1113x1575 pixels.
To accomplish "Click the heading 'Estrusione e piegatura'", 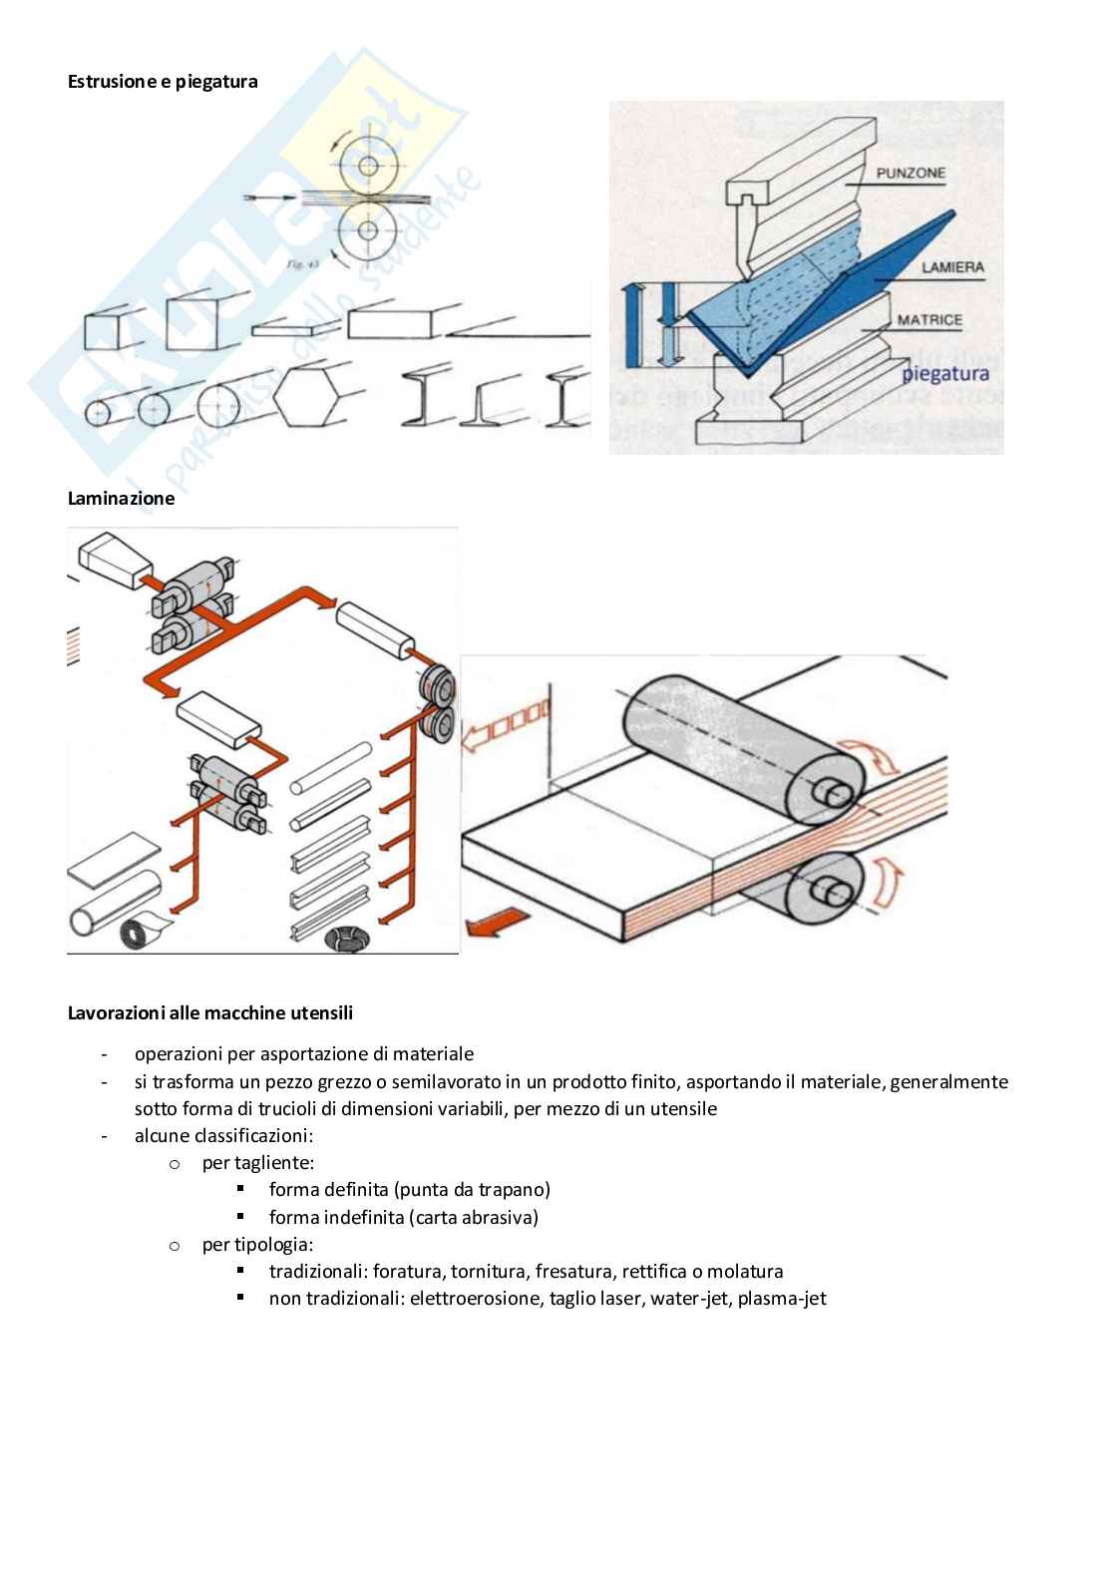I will [x=163, y=82].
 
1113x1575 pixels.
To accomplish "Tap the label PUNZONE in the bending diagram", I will [x=911, y=174].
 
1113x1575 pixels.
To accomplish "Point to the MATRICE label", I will [x=928, y=320].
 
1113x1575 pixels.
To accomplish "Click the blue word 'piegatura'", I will [x=944, y=374].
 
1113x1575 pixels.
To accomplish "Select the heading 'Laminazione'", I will [x=121, y=499].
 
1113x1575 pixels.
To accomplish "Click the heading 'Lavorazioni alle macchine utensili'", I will [x=209, y=1013].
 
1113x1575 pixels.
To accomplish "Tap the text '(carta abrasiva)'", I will [x=473, y=1217].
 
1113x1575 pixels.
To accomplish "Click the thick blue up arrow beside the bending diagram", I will [x=629, y=323].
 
